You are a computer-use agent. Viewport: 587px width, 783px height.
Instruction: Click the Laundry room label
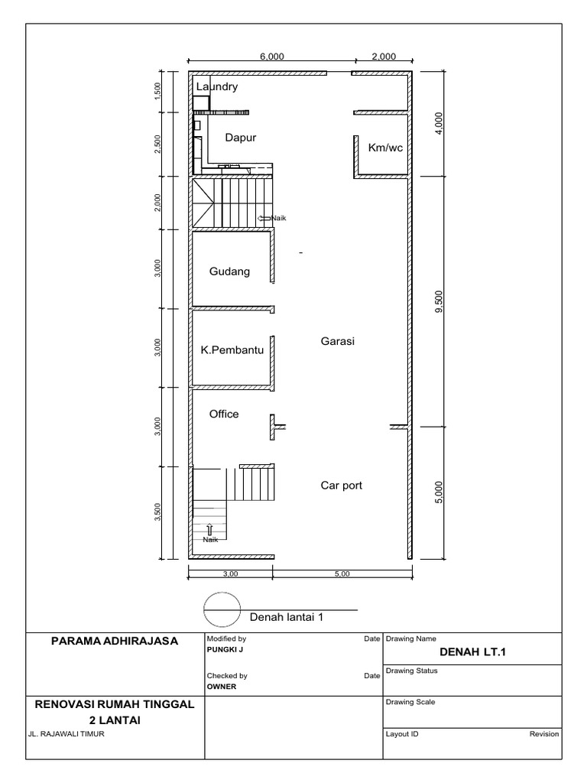[x=217, y=87]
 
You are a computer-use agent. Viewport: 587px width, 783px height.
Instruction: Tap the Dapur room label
[x=240, y=138]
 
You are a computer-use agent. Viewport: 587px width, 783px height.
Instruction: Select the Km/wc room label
[x=385, y=148]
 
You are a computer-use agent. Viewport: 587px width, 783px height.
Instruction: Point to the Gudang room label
[x=230, y=271]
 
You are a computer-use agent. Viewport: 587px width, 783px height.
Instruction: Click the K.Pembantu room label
[x=232, y=350]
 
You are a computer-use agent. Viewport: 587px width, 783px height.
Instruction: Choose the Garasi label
[x=338, y=342]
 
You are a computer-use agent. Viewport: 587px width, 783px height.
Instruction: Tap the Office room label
[x=224, y=414]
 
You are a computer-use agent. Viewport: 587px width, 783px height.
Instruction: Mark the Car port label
[x=341, y=485]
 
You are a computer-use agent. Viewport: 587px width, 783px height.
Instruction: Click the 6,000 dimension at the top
[x=272, y=56]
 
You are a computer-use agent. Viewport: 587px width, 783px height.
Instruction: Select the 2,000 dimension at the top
[x=384, y=56]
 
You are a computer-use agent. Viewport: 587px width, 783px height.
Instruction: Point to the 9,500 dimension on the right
[x=438, y=301]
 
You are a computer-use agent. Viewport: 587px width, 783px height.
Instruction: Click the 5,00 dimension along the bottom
[x=341, y=573]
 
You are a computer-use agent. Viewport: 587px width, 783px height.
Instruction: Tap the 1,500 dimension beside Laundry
[x=157, y=90]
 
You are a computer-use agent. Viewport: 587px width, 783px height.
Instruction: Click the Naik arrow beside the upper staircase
[x=264, y=219]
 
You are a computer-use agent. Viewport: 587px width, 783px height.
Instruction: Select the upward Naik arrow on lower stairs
[x=209, y=528]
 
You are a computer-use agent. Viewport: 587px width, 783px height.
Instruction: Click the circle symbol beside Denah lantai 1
[x=222, y=610]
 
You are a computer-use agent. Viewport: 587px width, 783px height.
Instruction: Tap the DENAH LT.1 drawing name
[x=473, y=651]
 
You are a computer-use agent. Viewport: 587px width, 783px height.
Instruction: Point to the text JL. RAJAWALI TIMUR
[x=66, y=734]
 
